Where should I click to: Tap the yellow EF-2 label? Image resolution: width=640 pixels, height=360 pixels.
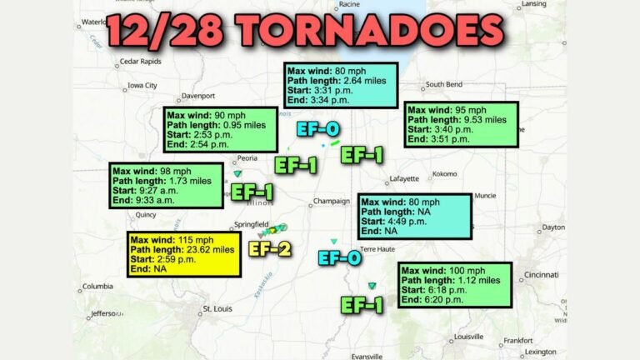(271, 248)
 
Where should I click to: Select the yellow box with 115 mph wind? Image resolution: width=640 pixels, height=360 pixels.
(184, 254)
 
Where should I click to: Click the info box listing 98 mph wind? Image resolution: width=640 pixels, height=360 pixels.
(167, 185)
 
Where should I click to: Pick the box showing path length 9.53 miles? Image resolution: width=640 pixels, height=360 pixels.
(461, 124)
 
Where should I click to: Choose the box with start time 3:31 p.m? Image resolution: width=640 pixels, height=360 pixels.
(338, 84)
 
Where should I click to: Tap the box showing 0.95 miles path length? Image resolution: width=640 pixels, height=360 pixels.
(219, 129)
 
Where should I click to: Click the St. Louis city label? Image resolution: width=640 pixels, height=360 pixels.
(216, 309)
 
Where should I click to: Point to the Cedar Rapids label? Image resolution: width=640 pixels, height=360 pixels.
(139, 61)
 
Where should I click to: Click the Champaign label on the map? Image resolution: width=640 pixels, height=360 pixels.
(332, 201)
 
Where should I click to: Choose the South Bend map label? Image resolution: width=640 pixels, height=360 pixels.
(444, 84)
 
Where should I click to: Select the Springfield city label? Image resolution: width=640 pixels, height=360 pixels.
(252, 224)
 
